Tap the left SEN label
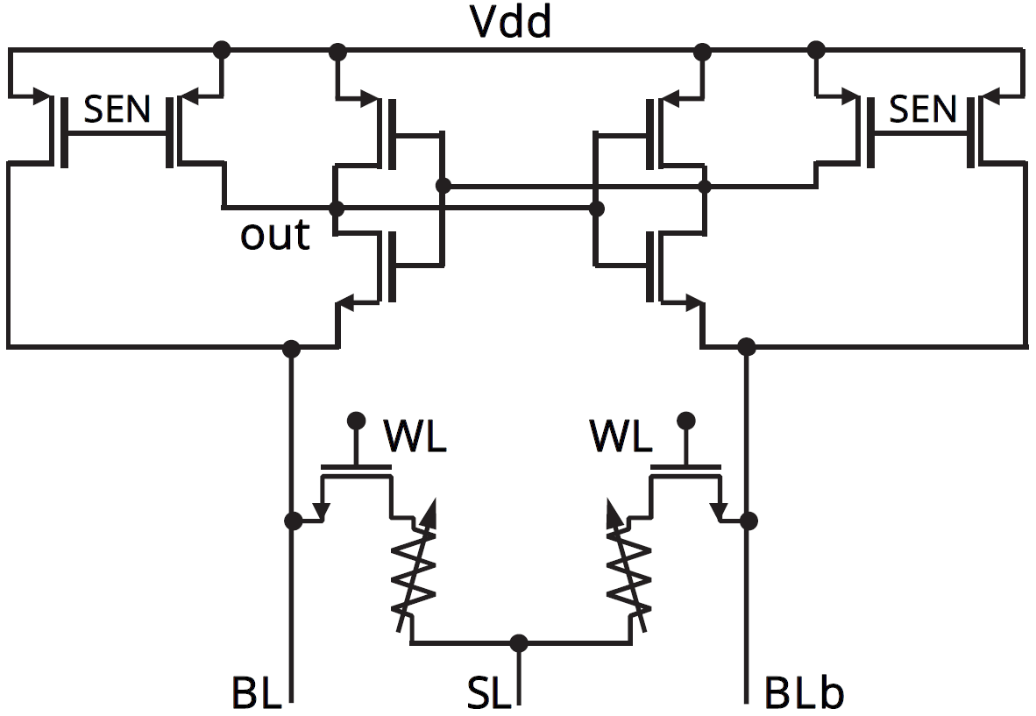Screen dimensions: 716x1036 coord(117,110)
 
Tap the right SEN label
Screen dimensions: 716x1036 coord(922,110)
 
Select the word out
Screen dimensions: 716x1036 coord(275,236)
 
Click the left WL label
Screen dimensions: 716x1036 coord(415,436)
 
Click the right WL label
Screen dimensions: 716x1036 coord(621,436)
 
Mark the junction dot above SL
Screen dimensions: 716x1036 coord(520,642)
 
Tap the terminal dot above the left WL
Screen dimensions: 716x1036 coord(356,420)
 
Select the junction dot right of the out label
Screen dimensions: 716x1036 coord(336,209)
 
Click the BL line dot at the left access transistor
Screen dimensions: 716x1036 coord(293,521)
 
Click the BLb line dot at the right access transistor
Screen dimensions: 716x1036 coord(748,521)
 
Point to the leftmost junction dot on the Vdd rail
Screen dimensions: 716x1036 coord(223,47)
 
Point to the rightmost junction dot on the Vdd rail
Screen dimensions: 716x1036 coord(817,47)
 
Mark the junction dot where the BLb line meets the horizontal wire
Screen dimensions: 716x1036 coord(747,346)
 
